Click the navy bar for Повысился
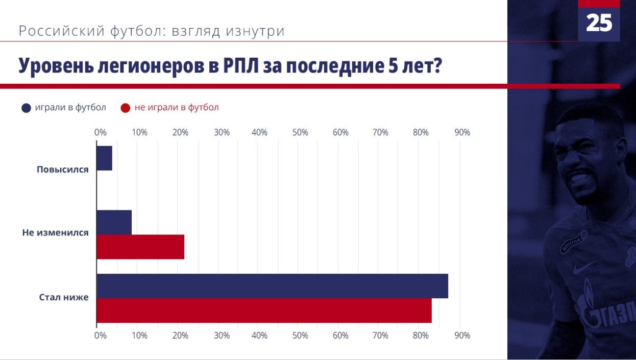[104, 158]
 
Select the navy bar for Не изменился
[114, 223]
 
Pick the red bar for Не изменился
[140, 247]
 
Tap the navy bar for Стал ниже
[272, 286]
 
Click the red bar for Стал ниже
[264, 310]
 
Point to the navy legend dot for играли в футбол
[26, 108]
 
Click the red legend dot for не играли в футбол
[126, 108]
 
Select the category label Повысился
[62, 170]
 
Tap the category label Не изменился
[55, 233]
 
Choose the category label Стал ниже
[64, 297]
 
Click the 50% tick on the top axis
[300, 133]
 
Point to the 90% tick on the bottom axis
[462, 335]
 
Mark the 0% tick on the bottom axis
[101, 335]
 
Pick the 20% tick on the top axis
[180, 133]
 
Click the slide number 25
[599, 23]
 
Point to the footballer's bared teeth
[581, 180]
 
